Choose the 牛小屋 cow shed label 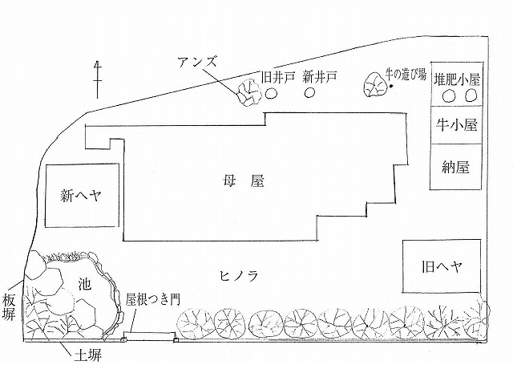pos(455,126)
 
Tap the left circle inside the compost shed pos(449,96)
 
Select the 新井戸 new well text pos(318,77)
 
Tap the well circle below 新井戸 pos(309,93)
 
